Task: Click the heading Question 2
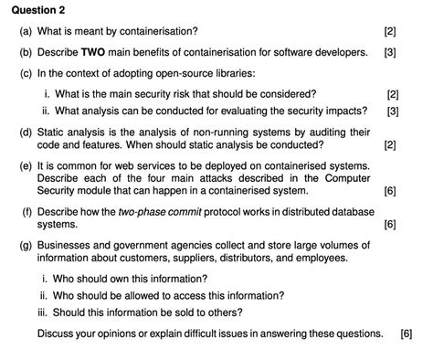pyautogui.click(x=37, y=11)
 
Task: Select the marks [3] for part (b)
pyautogui.click(x=390, y=52)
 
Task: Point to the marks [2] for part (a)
pyautogui.click(x=390, y=32)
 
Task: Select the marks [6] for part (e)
pyautogui.click(x=390, y=191)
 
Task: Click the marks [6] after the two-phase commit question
pyautogui.click(x=390, y=224)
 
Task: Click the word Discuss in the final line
pyautogui.click(x=57, y=334)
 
